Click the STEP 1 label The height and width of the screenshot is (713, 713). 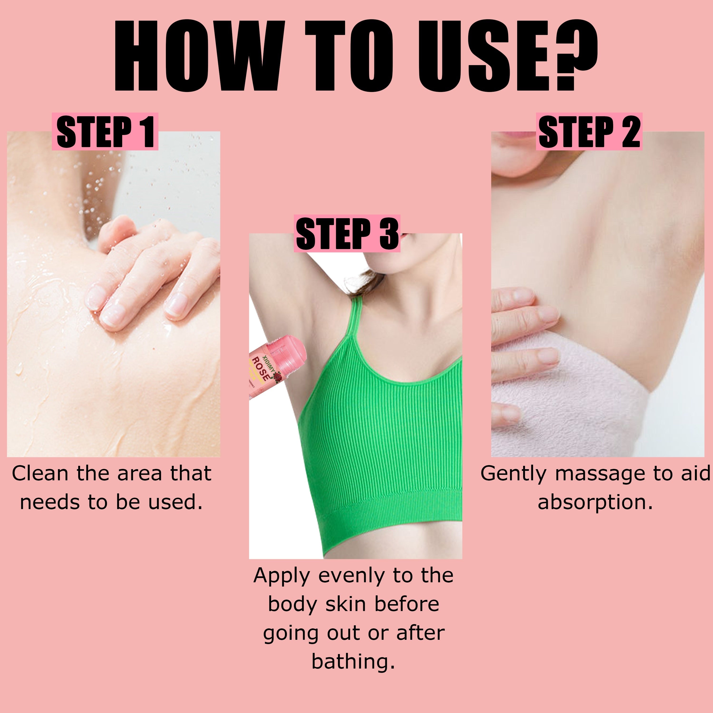(x=105, y=132)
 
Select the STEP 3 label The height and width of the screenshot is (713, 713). (x=347, y=234)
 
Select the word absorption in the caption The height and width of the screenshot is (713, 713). (x=595, y=502)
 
